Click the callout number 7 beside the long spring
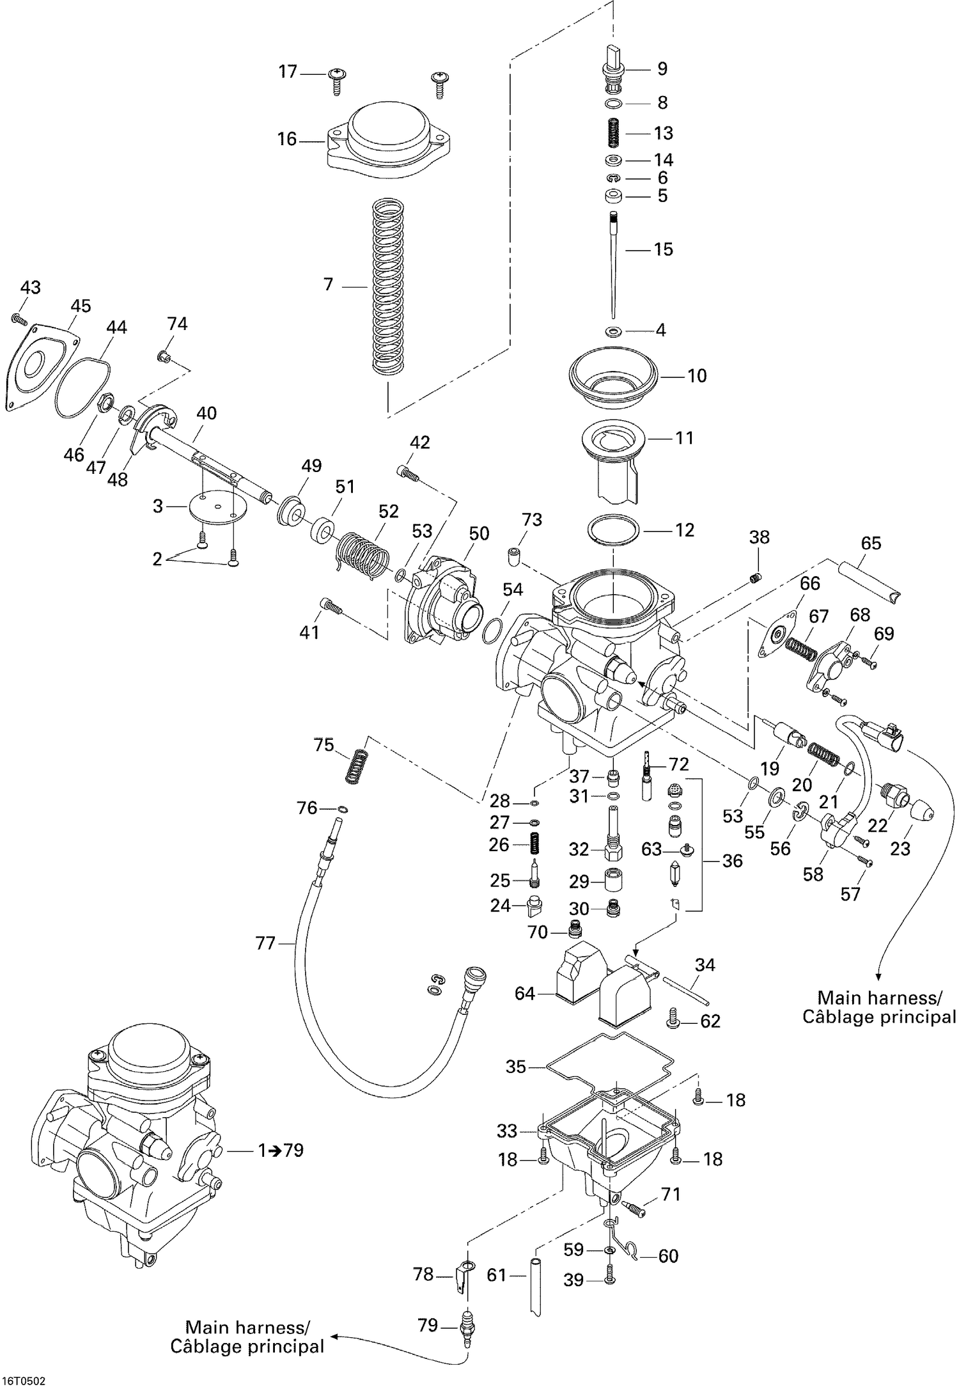tap(329, 285)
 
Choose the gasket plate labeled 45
tap(41, 365)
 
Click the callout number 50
tap(479, 533)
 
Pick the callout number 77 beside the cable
tap(265, 943)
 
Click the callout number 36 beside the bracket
tap(732, 861)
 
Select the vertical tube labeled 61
tap(536, 1285)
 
